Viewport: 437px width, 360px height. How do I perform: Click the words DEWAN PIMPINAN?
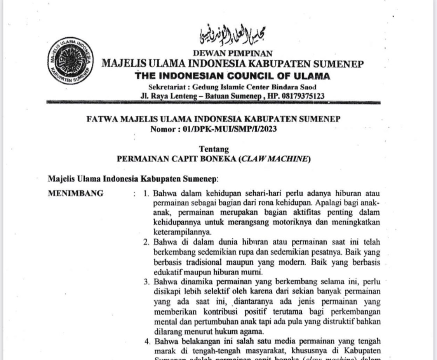click(x=232, y=53)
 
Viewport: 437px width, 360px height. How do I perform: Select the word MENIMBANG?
click(x=76, y=193)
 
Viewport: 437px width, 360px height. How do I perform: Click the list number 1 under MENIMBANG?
click(x=146, y=193)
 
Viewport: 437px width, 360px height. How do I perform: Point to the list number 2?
click(x=146, y=242)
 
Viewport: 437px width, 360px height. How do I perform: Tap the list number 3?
click(x=146, y=282)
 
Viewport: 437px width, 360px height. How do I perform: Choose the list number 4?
click(x=146, y=342)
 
